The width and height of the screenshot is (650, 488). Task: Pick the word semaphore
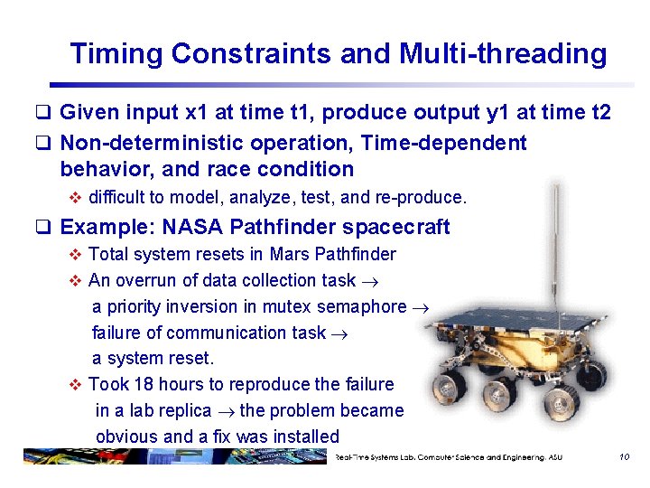click(x=363, y=306)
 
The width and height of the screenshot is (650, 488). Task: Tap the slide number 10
click(x=624, y=457)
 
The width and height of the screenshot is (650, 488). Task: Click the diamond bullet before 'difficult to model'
click(x=76, y=196)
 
